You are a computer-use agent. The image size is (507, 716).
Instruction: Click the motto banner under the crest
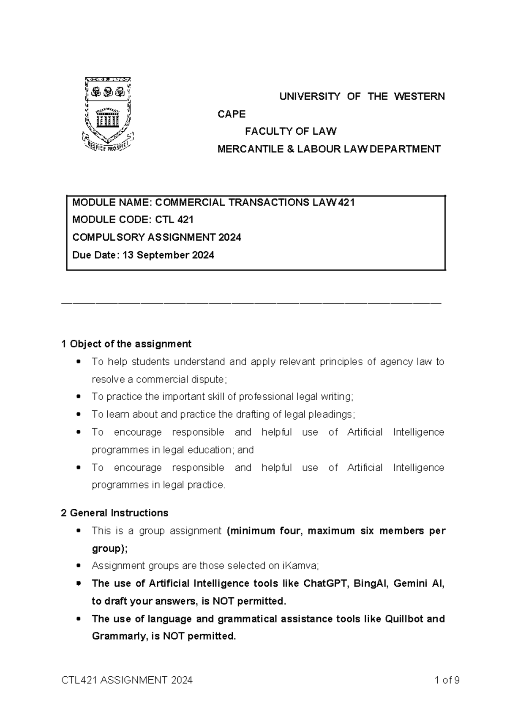(x=107, y=145)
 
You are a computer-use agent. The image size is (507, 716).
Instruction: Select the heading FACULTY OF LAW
(x=291, y=131)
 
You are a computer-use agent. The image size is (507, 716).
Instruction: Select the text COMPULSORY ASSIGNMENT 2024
(x=157, y=237)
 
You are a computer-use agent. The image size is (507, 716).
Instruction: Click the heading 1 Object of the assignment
(x=126, y=344)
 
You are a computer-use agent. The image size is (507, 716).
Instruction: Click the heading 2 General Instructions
(x=114, y=513)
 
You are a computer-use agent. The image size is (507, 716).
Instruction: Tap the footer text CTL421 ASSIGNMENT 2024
(x=127, y=680)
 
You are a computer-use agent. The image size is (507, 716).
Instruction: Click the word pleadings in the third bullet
(x=333, y=415)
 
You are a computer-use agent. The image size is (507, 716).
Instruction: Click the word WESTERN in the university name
(x=419, y=97)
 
